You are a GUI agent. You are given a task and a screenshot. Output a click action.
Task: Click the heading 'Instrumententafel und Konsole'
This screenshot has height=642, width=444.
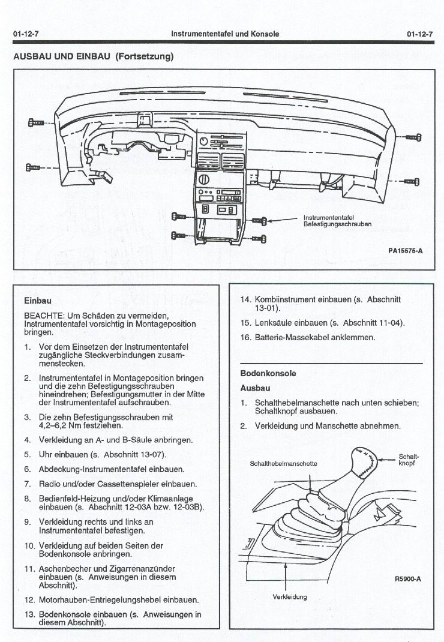(x=225, y=34)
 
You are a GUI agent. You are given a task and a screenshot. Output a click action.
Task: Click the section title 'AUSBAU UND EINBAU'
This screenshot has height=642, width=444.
(x=59, y=57)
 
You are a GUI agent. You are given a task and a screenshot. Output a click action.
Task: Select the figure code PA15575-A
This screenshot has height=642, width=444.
(x=405, y=251)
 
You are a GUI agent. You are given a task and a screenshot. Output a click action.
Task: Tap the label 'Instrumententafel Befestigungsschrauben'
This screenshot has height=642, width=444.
(x=337, y=221)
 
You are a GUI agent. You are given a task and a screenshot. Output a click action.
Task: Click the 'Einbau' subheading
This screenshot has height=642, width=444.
(x=37, y=300)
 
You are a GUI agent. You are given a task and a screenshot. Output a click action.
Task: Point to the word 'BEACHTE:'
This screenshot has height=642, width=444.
(x=41, y=316)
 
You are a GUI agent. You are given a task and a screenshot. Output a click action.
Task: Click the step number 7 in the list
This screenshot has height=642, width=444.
(x=28, y=484)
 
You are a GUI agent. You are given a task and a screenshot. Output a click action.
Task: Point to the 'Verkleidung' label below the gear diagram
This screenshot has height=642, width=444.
(x=289, y=597)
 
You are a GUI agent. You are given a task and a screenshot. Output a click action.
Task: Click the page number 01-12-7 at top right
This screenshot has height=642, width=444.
(x=419, y=34)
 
